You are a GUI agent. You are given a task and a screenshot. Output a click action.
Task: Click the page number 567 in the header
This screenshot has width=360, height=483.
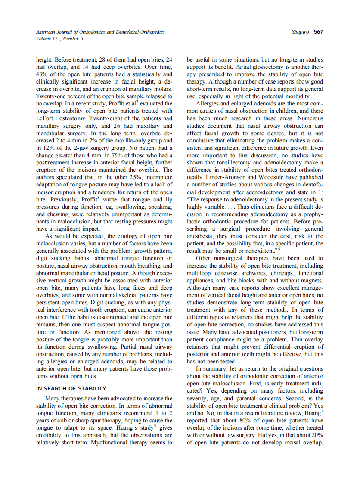[x=319, y=32]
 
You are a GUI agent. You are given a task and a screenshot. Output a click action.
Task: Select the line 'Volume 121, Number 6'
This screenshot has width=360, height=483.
[x=60, y=38]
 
